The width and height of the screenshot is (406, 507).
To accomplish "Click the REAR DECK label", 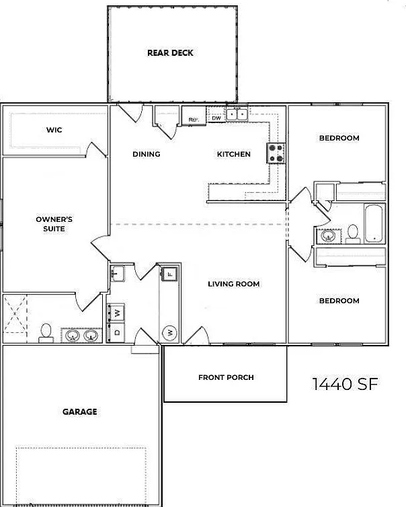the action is tap(170, 52).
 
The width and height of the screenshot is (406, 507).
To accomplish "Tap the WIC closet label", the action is tap(54, 130).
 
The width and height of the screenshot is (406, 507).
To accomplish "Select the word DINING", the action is tap(147, 154).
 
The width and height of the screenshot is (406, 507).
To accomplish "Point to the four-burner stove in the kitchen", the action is tap(276, 153).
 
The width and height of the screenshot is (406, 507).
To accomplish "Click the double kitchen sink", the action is tap(237, 114).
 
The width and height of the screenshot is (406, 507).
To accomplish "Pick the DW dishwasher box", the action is tap(216, 118).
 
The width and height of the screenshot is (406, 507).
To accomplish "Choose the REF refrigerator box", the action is tap(194, 116).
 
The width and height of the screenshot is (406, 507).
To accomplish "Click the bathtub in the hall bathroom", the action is tap(374, 223).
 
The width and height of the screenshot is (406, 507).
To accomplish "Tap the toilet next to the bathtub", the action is tap(353, 234).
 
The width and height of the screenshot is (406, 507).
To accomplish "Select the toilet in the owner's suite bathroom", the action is tap(46, 333).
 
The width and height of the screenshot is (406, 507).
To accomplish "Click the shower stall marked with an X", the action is tap(15, 313).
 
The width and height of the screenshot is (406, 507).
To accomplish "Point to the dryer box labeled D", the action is tap(118, 332).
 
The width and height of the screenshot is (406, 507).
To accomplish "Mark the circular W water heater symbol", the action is tap(169, 332).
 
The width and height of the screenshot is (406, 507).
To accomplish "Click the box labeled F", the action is tap(169, 274).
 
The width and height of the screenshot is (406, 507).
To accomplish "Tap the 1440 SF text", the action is tap(345, 384).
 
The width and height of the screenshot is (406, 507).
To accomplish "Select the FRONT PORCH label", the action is tap(226, 377).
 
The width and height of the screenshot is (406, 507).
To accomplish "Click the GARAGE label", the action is tap(79, 412).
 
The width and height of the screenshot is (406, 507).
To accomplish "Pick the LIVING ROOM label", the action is tap(233, 284).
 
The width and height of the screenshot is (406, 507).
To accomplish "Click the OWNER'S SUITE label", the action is tap(54, 224).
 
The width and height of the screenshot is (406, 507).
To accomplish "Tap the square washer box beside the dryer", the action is tap(118, 313).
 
